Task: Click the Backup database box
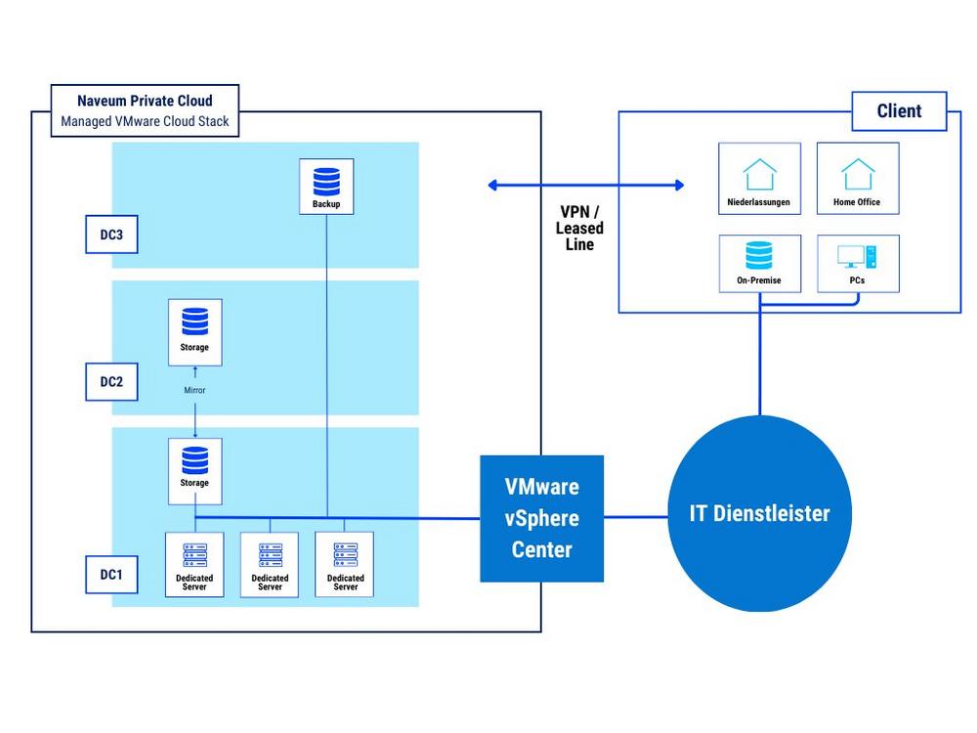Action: point(326,187)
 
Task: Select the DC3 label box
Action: point(111,235)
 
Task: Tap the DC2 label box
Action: point(111,381)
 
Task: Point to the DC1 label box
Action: point(111,574)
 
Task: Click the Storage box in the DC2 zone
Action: point(195,332)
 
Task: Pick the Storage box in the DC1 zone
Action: point(195,471)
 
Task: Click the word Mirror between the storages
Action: point(194,390)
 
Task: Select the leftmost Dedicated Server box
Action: point(194,564)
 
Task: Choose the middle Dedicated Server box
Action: point(270,564)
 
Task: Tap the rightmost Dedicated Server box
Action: point(345,564)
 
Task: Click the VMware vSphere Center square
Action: point(541,519)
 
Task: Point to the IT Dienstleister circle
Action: point(759,514)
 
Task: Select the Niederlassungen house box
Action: point(759,178)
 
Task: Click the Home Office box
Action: point(858,178)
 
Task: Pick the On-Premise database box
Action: point(759,263)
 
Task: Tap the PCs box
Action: point(858,263)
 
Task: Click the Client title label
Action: point(899,111)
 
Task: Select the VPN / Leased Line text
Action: point(579,228)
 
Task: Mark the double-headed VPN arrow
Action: point(585,185)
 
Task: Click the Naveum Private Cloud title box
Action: point(145,110)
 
